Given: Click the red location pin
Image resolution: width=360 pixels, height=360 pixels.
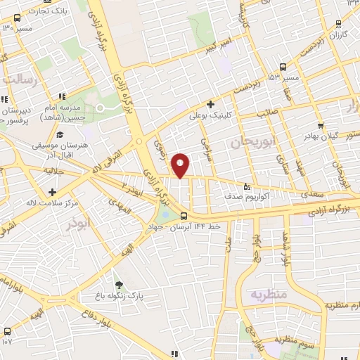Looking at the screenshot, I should pos(181,165).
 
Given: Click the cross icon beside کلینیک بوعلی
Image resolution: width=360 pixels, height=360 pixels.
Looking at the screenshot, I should pos(210,105).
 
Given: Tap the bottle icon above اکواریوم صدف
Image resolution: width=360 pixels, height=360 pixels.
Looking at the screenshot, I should pos(246,187).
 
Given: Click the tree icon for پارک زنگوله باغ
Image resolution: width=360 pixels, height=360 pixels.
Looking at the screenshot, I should pos(119,285).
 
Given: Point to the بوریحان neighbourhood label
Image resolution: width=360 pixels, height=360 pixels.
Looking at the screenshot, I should pos(249,142).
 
